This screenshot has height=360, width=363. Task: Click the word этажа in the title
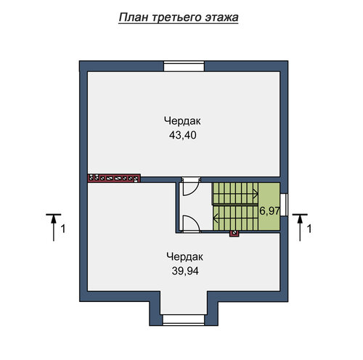pyautogui.click(x=221, y=18)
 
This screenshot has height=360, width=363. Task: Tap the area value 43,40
pyautogui.click(x=183, y=135)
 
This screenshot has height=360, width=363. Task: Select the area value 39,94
pyautogui.click(x=185, y=271)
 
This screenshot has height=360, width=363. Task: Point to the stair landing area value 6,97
pyautogui.click(x=269, y=211)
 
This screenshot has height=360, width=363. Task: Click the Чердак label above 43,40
pyautogui.click(x=182, y=121)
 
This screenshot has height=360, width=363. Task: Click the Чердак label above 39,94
pyautogui.click(x=185, y=257)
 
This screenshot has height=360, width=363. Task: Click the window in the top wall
pyautogui.click(x=184, y=66)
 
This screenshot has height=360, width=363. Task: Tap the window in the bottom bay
pyautogui.click(x=184, y=320)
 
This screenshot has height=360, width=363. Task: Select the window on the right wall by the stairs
pyautogui.click(x=284, y=205)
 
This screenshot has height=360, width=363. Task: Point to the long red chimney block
pyautogui.click(x=114, y=178)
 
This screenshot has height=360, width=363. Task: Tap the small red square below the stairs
pyautogui.click(x=234, y=233)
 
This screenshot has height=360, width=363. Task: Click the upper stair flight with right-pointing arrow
pyautogui.click(x=235, y=194)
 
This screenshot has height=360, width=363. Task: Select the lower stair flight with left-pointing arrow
pyautogui.click(x=235, y=218)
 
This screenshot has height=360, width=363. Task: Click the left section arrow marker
pyautogui.click(x=54, y=227)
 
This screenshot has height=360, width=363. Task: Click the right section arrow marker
pyautogui.click(x=300, y=227)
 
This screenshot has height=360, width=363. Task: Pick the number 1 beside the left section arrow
pyautogui.click(x=63, y=229)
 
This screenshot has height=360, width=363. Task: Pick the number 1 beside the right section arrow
pyautogui.click(x=309, y=229)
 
